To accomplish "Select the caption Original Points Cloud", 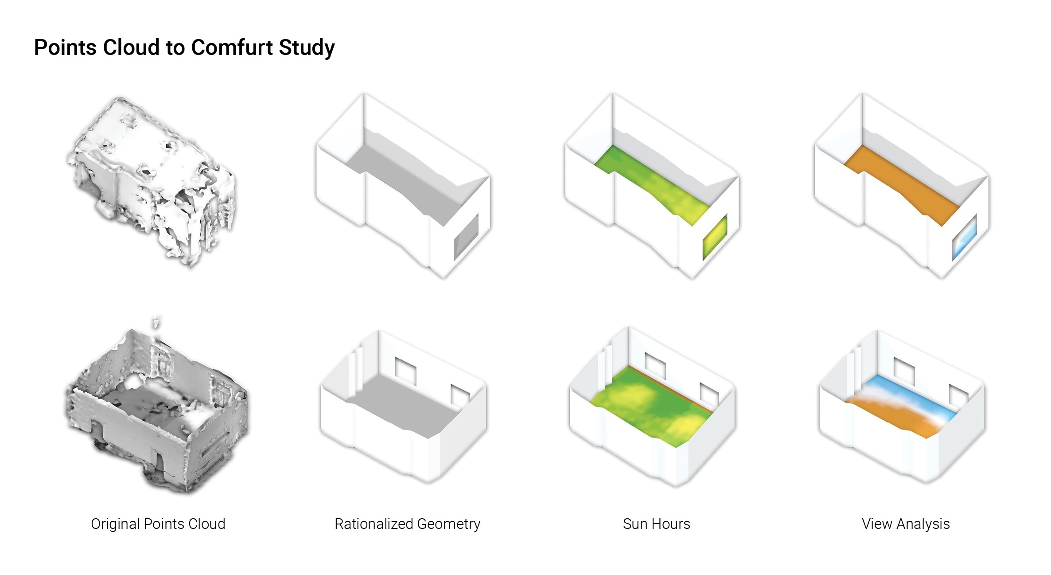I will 158,524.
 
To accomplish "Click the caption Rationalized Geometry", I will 407,524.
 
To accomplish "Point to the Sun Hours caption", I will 656,524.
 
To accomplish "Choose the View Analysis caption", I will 906,524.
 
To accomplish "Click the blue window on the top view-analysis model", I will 965,237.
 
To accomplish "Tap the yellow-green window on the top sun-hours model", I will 715,237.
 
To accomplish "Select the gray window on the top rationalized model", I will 466,237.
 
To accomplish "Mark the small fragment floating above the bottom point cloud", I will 156,322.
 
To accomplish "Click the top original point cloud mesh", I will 151,177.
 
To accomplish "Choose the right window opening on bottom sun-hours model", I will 709,395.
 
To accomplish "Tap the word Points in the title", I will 66,47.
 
